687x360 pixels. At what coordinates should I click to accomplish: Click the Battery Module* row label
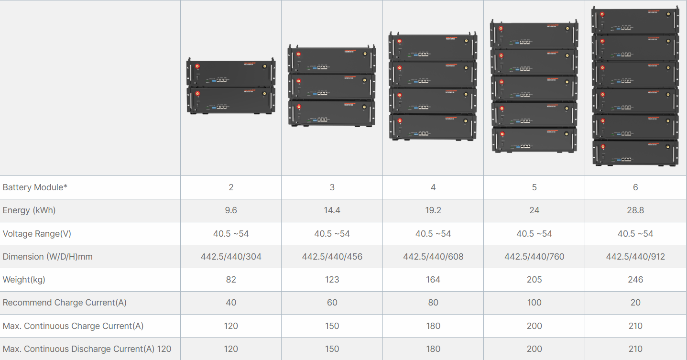[x=35, y=187]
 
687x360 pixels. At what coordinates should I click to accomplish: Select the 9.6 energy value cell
[x=231, y=210]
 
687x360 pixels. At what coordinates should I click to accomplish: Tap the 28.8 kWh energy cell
[x=635, y=210]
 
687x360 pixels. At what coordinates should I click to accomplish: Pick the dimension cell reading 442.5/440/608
[x=433, y=257]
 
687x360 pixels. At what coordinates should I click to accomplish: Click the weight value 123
[x=332, y=280]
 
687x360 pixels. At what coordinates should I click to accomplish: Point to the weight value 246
[x=635, y=280]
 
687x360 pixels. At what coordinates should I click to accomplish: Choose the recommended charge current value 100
[x=534, y=303]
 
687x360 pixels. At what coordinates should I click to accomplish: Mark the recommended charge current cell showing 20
[x=635, y=303]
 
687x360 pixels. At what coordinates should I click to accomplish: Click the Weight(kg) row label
[x=24, y=280]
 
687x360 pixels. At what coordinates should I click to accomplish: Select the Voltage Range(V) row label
[x=37, y=234]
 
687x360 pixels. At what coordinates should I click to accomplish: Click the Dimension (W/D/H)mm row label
[x=48, y=257]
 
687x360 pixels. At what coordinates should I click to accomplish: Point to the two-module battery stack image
[x=231, y=87]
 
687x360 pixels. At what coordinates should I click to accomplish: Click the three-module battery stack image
[x=332, y=86]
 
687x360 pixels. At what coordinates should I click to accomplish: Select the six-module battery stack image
[x=635, y=86]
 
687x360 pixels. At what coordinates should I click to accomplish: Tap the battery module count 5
[x=534, y=187]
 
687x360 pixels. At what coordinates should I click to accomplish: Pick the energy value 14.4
[x=332, y=210]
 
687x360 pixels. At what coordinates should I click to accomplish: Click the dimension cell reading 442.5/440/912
[x=635, y=257]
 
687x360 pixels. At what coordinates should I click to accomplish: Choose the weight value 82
[x=231, y=280]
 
